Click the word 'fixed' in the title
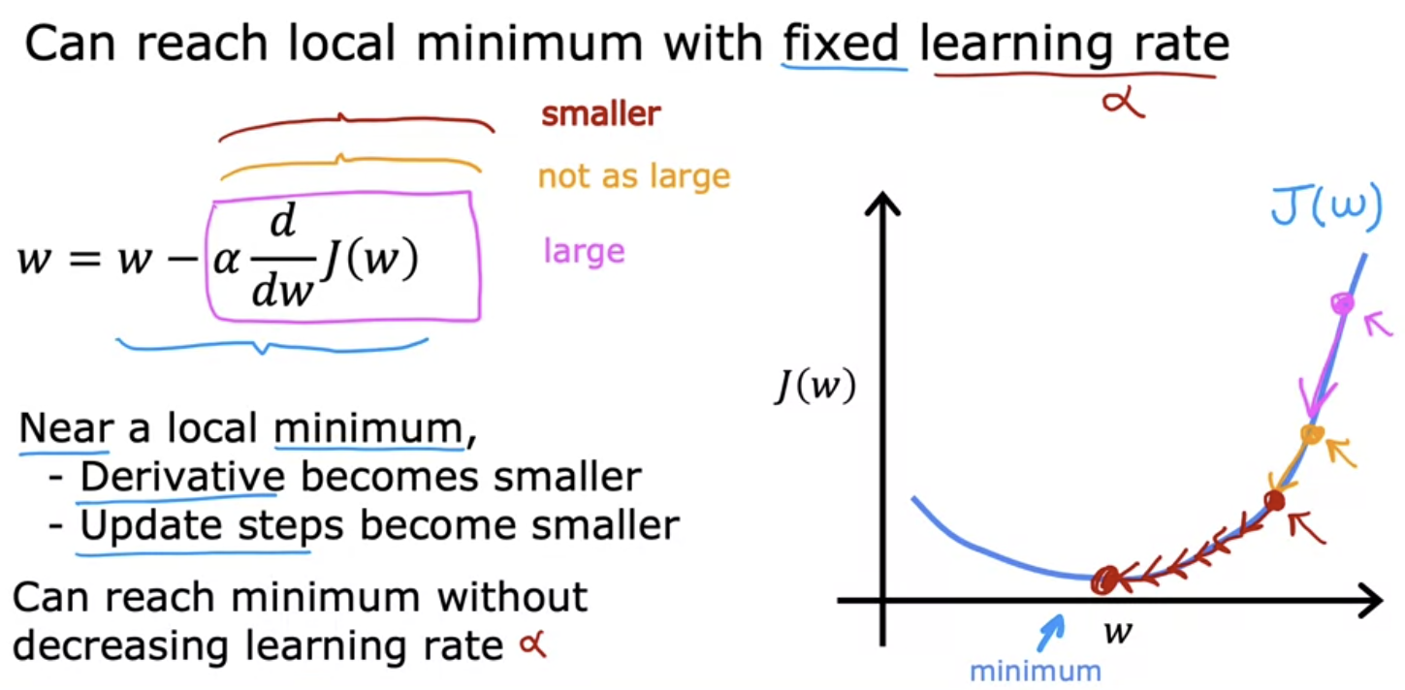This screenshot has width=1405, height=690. pos(842,44)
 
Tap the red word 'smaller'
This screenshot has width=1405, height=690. pos(601,114)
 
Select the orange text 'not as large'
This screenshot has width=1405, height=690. pos(634,176)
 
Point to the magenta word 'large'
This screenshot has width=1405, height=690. pos(584,251)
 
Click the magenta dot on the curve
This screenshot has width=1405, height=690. pos(1342,304)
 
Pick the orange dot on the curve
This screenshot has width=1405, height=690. pos(1312,434)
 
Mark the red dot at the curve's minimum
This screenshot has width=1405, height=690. pos(1104,580)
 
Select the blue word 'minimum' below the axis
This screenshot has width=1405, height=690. pos(1036,672)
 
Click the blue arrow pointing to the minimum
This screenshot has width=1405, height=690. pos(1051,633)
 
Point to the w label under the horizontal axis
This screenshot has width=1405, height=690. pos(1118,632)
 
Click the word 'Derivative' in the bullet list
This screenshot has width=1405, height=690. pos(182,477)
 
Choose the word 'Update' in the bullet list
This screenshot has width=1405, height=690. pos(151,525)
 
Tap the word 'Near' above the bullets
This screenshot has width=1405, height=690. pos(66,428)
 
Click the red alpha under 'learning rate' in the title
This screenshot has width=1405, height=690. pos(1124,102)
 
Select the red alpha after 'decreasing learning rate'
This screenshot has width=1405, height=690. pos(533,644)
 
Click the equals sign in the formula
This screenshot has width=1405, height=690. pos(84,259)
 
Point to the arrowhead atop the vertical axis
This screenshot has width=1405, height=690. pos(882,204)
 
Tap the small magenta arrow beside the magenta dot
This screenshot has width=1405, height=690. pos(1379,325)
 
